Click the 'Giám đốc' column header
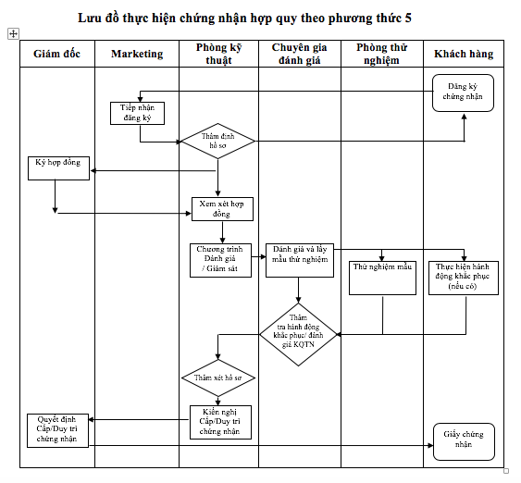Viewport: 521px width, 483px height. tap(56, 54)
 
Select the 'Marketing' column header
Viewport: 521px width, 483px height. tap(137, 54)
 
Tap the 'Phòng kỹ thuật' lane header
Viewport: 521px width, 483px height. tap(218, 54)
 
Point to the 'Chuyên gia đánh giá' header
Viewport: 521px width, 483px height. tap(300, 54)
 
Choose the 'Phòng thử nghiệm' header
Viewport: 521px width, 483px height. tap(382, 54)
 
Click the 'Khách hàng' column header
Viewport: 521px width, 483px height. tap(464, 54)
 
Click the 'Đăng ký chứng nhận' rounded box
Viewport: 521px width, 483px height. tap(463, 93)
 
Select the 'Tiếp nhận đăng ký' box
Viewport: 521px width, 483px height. tap(137, 113)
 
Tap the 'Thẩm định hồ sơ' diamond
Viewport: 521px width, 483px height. tap(218, 142)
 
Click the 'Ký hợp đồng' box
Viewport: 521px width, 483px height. tap(59, 168)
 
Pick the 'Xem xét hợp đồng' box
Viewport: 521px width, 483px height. tap(222, 209)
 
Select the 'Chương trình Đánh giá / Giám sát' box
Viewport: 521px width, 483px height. tap(220, 260)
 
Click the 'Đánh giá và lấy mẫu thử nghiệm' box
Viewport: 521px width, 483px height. tap(300, 260)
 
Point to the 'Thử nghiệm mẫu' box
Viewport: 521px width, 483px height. tap(382, 278)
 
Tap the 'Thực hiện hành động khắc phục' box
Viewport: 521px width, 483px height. tap(464, 278)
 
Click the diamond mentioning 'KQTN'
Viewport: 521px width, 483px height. tap(298, 335)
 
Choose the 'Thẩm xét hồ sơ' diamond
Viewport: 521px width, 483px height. tap(218, 378)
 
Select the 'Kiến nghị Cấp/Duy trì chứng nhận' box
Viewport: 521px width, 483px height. tap(220, 422)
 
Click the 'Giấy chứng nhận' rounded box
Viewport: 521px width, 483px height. tap(464, 441)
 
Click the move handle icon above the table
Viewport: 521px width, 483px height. tap(13, 33)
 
